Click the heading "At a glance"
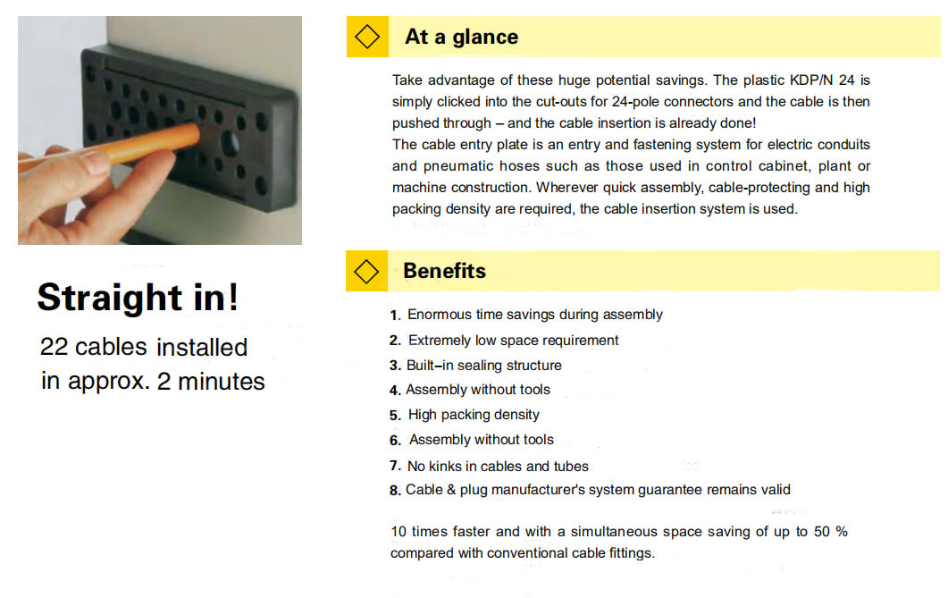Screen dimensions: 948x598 click(x=461, y=37)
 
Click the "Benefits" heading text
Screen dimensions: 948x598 click(x=444, y=271)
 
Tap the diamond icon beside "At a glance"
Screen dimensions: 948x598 click(x=367, y=37)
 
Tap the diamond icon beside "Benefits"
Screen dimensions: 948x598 click(x=366, y=272)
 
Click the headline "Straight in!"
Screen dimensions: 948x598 click(x=138, y=298)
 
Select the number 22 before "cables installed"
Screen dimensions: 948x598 click(x=54, y=347)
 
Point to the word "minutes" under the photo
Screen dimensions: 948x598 click(x=222, y=382)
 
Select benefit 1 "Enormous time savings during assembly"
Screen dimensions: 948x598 click(x=535, y=315)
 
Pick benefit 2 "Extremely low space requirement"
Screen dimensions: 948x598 click(x=513, y=341)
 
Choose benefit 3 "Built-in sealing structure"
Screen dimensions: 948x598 click(x=484, y=366)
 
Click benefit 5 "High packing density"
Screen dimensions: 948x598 click(x=474, y=415)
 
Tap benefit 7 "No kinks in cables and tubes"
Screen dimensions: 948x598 click(x=498, y=467)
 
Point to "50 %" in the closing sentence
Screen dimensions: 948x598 click(x=831, y=532)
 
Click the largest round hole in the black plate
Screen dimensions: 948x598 click(x=229, y=143)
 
